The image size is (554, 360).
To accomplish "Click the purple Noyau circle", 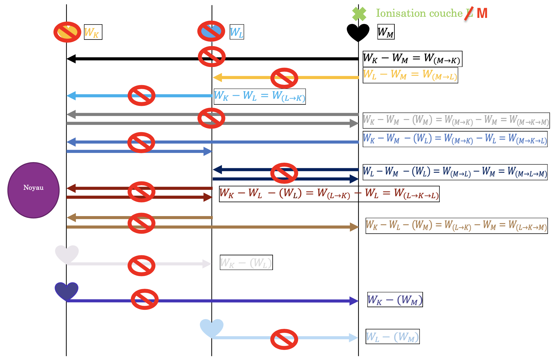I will click(33, 190).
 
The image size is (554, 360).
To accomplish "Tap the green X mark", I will click(359, 14).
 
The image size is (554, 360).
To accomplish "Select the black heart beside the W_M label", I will click(358, 32).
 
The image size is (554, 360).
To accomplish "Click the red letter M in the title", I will click(482, 13).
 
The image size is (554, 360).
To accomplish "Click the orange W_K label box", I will click(93, 32).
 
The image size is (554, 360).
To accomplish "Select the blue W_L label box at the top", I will click(237, 32).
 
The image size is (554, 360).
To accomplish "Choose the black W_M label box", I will click(386, 32).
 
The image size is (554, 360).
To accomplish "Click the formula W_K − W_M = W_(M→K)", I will click(412, 59).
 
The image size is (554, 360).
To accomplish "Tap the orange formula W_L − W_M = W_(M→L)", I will click(410, 75).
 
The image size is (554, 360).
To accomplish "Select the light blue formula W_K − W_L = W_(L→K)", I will click(259, 96).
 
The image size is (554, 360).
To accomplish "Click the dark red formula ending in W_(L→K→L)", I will click(329, 194).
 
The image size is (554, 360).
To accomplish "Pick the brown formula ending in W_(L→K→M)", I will click(456, 226).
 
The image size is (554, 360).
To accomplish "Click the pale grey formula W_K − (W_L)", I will click(246, 262).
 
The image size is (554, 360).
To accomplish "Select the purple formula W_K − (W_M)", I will click(395, 299).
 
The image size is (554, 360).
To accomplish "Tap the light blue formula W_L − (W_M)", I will click(392, 336).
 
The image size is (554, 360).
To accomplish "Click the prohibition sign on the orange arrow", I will click(284, 78).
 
